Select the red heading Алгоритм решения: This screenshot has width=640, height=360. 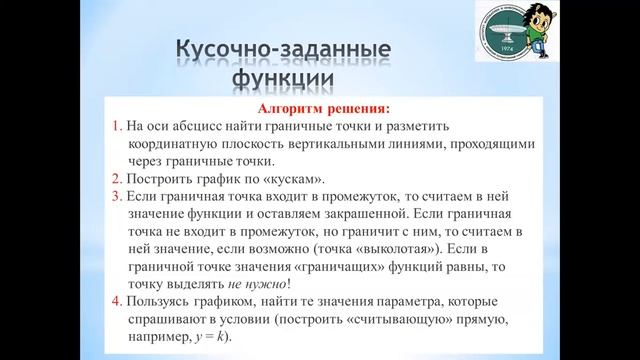[316, 107]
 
